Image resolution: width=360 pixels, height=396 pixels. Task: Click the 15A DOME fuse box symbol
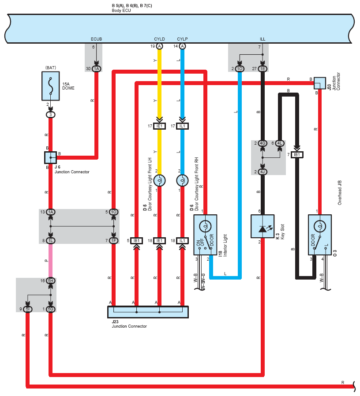click(x=51, y=86)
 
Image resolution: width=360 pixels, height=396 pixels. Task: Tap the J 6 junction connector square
click(x=51, y=157)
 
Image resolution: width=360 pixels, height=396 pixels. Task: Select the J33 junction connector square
click(x=319, y=83)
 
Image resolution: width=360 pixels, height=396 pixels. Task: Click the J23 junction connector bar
click(x=148, y=312)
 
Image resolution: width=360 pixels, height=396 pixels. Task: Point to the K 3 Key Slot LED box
click(x=262, y=226)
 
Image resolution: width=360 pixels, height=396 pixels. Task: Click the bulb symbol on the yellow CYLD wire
click(x=159, y=180)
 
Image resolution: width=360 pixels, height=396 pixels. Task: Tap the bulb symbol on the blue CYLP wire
click(x=182, y=180)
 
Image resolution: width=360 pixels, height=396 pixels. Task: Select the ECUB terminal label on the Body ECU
click(x=96, y=39)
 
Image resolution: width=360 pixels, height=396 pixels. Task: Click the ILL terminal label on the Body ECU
click(x=262, y=39)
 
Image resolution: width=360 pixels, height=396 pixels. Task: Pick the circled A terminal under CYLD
click(x=159, y=46)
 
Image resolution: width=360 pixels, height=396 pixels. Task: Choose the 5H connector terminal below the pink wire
click(x=51, y=280)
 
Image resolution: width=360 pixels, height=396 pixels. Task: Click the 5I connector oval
click(x=27, y=309)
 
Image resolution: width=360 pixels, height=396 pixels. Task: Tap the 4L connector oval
click(x=280, y=143)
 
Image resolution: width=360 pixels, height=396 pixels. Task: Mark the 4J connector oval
click(x=262, y=172)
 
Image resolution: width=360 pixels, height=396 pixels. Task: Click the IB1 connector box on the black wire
click(x=297, y=154)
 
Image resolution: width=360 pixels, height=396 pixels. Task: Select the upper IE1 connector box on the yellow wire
click(x=159, y=126)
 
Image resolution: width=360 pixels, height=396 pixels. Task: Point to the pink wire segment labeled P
click(x=51, y=261)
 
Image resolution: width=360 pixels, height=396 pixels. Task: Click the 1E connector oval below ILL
click(x=262, y=69)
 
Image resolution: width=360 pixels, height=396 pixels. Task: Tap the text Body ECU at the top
click(x=121, y=11)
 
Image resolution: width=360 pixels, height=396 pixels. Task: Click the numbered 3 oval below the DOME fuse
click(x=51, y=115)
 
